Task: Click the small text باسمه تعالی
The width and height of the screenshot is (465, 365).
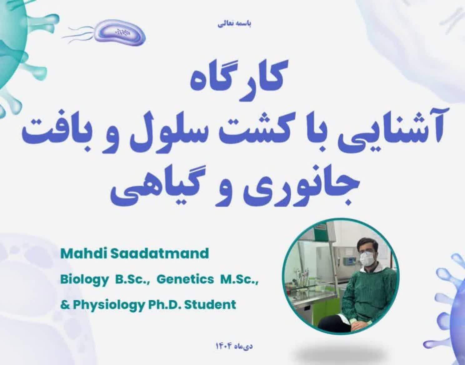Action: [234, 24]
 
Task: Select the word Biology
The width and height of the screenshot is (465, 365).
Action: [84, 281]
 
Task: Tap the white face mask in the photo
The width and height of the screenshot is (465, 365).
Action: [366, 259]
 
